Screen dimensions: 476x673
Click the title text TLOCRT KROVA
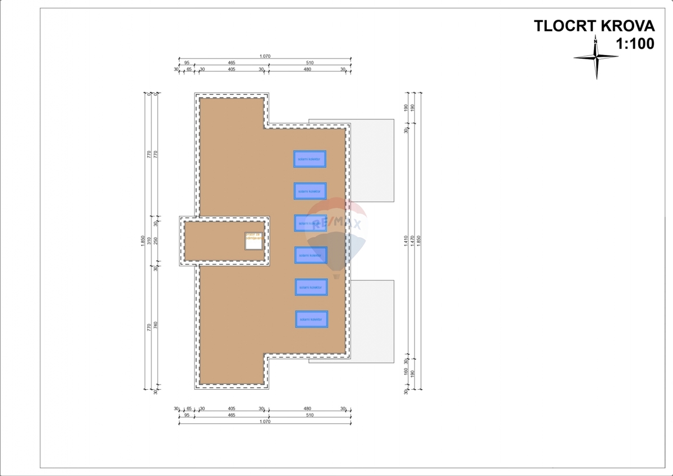(x=593, y=26)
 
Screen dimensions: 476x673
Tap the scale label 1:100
(x=635, y=44)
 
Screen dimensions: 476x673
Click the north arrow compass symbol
(x=596, y=57)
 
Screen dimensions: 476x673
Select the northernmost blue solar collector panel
(x=310, y=159)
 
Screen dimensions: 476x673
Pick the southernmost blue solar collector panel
(x=312, y=320)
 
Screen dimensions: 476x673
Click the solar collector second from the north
(x=310, y=191)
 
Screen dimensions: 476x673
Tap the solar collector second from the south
(x=311, y=287)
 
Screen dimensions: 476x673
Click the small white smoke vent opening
(x=253, y=241)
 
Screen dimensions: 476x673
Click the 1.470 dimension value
(x=414, y=241)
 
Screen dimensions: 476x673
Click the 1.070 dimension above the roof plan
(x=265, y=56)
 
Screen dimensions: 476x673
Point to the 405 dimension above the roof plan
(x=232, y=70)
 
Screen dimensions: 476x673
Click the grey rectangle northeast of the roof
(x=372, y=160)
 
